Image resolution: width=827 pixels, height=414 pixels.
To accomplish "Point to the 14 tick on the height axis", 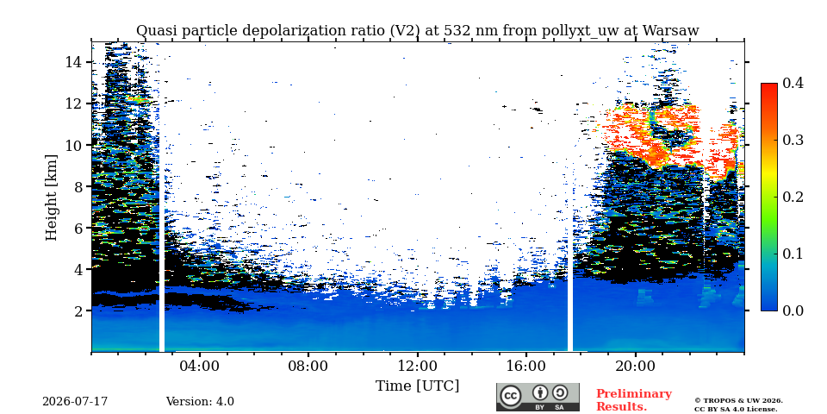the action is point(72,62).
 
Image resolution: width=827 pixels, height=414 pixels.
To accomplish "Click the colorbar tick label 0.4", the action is point(792,83).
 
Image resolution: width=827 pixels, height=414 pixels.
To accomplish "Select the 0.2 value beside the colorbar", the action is point(792,197).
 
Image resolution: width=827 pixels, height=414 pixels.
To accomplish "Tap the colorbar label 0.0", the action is point(792,310).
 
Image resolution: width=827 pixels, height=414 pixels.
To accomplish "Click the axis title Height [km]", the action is point(51,197).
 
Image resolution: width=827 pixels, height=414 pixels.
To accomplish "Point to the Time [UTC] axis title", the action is point(417,386).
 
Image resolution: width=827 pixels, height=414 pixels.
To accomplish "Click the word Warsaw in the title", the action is point(669,31).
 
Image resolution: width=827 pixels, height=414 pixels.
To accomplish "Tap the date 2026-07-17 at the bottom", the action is point(75,402).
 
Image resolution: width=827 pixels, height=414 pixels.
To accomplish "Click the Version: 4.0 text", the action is point(200,402).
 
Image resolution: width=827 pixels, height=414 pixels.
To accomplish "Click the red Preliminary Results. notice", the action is point(634,399).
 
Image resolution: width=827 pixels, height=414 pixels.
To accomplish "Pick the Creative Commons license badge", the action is point(538,397).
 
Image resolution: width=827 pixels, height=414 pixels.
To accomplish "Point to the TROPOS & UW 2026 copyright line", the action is point(738,401).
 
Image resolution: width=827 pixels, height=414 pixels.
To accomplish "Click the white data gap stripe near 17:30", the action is point(570,197).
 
